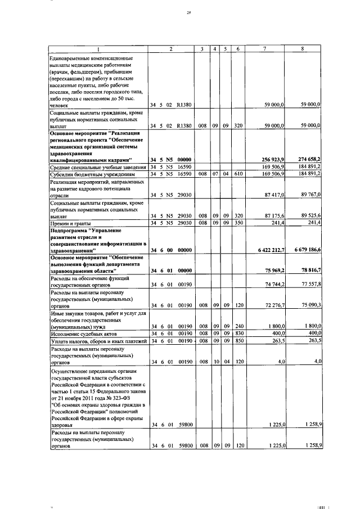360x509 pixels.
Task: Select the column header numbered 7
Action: click(x=264, y=49)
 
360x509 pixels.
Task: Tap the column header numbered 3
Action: click(x=201, y=49)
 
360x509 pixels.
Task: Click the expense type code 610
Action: click(x=238, y=174)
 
